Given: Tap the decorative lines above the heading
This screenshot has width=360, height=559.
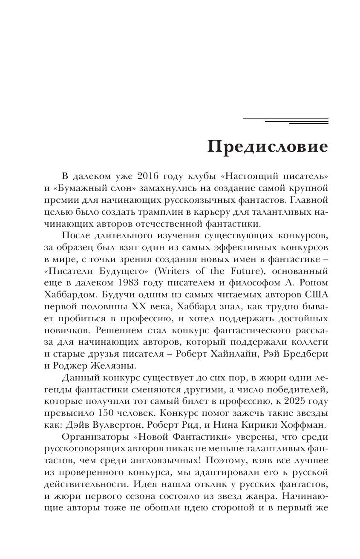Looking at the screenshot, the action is point(285,121).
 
